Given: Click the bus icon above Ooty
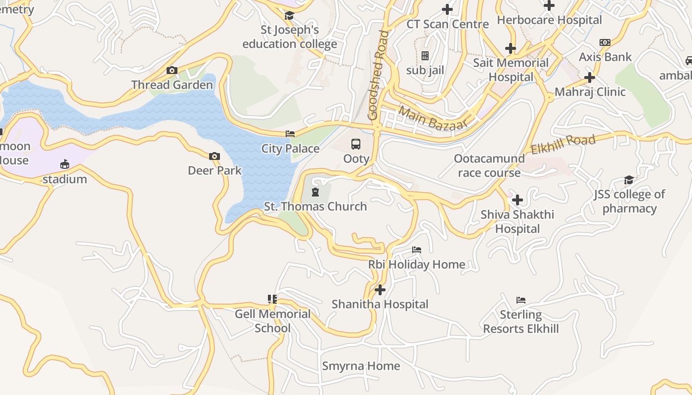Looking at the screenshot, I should pyautogui.click(x=356, y=144).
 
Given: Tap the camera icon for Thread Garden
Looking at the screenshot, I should pyautogui.click(x=172, y=71).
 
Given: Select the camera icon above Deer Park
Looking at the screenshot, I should pyautogui.click(x=214, y=157).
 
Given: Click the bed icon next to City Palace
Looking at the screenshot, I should pyautogui.click(x=290, y=134).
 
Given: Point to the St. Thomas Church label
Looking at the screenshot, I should pyautogui.click(x=315, y=206).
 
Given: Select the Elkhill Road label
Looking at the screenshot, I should pyautogui.click(x=563, y=145).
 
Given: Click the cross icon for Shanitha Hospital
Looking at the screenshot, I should pyautogui.click(x=380, y=290).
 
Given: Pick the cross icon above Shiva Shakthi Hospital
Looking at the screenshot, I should pyautogui.click(x=518, y=200).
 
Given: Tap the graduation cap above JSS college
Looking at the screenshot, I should pyautogui.click(x=629, y=180).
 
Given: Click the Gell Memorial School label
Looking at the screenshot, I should pyautogui.click(x=272, y=321).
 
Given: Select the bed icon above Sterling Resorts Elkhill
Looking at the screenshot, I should pyautogui.click(x=520, y=300).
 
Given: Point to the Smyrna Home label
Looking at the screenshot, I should pyautogui.click(x=361, y=366).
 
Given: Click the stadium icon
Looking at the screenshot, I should pyautogui.click(x=65, y=164).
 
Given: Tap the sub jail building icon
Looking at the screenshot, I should pyautogui.click(x=425, y=56).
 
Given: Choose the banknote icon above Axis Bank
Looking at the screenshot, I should pyautogui.click(x=605, y=42).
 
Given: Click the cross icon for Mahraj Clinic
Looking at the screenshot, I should pyautogui.click(x=589, y=78).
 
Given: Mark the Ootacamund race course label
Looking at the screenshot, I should pyautogui.click(x=489, y=165).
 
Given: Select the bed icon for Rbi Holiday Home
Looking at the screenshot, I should pyautogui.click(x=417, y=250).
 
